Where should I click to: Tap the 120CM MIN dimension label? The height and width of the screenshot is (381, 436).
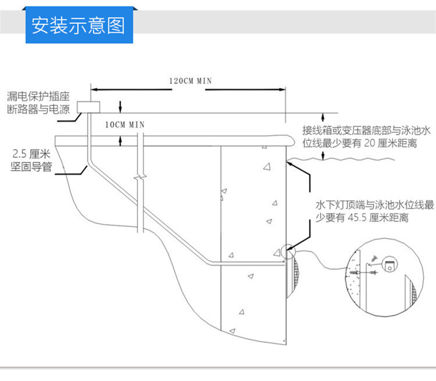click(x=190, y=80)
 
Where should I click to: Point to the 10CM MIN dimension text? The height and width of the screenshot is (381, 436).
click(x=124, y=124)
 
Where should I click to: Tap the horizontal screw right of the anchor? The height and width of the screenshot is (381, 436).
click(x=374, y=272)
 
